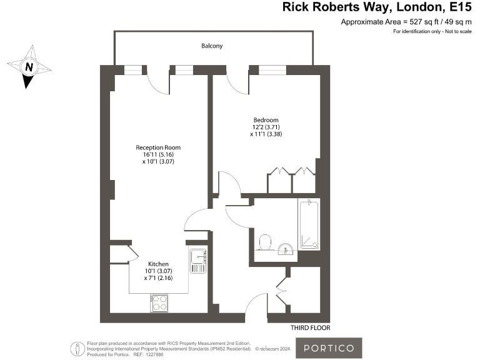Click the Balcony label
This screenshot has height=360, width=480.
click(212, 46)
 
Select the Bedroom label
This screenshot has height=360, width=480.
click(266, 120)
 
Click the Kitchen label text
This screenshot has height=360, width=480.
click(158, 264)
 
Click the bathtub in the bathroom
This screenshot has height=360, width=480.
click(309, 224)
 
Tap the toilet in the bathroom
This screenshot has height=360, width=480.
click(264, 242)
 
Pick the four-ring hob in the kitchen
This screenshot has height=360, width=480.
click(159, 303)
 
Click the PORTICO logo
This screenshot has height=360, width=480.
click(329, 347)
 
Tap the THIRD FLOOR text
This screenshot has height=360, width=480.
click(310, 327)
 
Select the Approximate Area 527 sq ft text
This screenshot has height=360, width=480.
click(406, 22)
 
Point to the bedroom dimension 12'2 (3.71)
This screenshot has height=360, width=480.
click(266, 127)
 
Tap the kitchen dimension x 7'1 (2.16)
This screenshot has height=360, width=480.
click(158, 277)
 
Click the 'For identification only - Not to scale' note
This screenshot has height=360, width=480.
click(432, 31)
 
